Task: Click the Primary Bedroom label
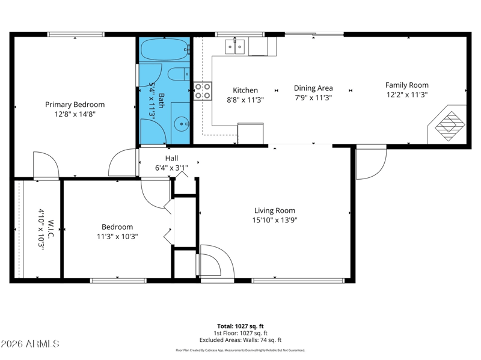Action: (75, 105)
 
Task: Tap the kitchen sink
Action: (234, 47)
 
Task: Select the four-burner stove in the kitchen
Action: (203, 91)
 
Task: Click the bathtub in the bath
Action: (165, 49)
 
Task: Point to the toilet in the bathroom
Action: (179, 74)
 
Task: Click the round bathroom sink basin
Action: (182, 124)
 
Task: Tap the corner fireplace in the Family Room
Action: (447, 125)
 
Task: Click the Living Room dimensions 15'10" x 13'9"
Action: (275, 220)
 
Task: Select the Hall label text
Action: (171, 158)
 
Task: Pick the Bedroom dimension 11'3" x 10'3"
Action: (117, 236)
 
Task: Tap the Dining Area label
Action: (313, 88)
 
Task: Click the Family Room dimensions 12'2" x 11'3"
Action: (407, 94)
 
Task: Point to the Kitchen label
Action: (245, 90)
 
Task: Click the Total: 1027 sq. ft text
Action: (240, 326)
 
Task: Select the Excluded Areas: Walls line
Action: (240, 340)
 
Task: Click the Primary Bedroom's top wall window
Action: (76, 34)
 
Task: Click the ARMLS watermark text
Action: (29, 344)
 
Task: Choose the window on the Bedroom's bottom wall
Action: (118, 281)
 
